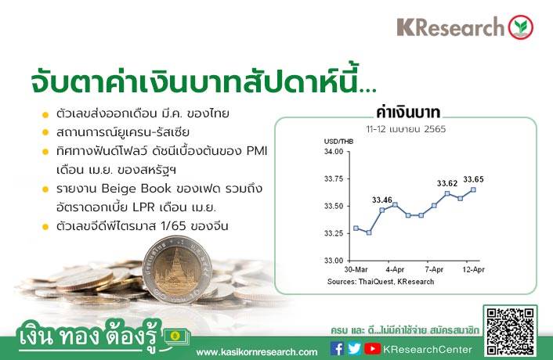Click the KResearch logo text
pyautogui.click(x=450, y=27)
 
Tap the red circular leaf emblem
pyautogui.click(x=521, y=27)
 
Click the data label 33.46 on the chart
pyautogui.click(x=382, y=200)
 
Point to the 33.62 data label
pyautogui.click(x=447, y=183)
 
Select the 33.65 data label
pyautogui.click(x=473, y=179)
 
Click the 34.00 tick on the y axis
pyautogui.click(x=334, y=152)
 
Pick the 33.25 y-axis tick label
pyautogui.click(x=334, y=233)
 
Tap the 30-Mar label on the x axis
pyautogui.click(x=356, y=270)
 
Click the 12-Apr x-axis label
pyautogui.click(x=473, y=270)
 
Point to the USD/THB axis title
pyautogui.click(x=338, y=142)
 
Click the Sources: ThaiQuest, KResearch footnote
pyautogui.click(x=381, y=282)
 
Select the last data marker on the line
pyautogui.click(x=473, y=190)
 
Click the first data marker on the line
pyautogui.click(x=356, y=229)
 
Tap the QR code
pyautogui.click(x=510, y=331)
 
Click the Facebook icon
pyautogui.click(x=337, y=349)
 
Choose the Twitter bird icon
pyautogui.click(x=354, y=349)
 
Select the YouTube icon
pyautogui.click(x=372, y=349)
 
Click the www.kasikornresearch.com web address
pyautogui.click(x=257, y=352)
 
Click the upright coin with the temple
pyautogui.click(x=177, y=269)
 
